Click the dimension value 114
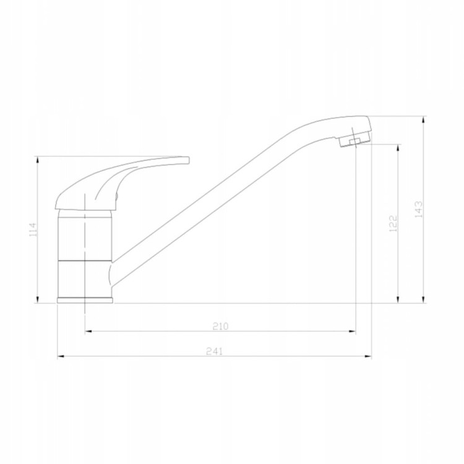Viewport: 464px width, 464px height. click(33, 230)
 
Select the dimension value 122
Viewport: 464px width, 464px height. click(393, 223)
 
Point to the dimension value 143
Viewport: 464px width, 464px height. click(419, 210)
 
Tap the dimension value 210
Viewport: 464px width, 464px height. click(221, 326)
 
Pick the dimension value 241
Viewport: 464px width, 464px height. click(214, 351)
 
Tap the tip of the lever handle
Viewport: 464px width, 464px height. click(188, 160)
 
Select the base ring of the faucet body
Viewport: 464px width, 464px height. click(85, 300)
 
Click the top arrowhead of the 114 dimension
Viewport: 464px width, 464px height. click(38, 159)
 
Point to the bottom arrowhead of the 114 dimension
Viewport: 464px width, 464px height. click(38, 299)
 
